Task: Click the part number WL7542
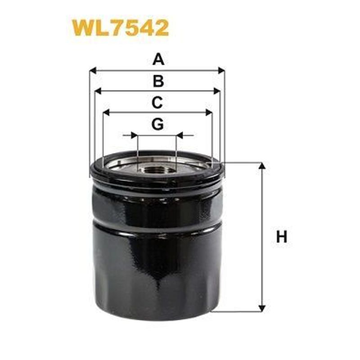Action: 120,28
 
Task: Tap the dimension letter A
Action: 158,59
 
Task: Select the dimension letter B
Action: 158,81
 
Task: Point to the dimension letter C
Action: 157,103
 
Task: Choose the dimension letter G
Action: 157,124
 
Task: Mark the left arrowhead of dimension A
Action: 93,71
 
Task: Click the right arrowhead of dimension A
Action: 221,71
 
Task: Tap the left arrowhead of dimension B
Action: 98,91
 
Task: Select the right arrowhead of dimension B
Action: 217,91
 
